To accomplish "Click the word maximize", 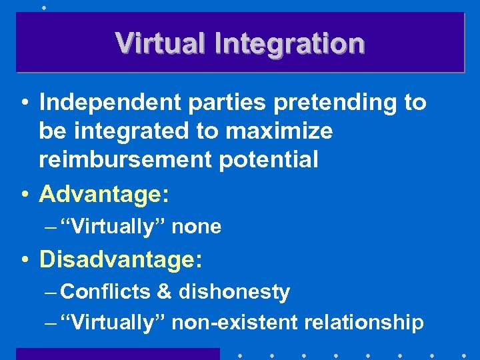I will [x=279, y=131].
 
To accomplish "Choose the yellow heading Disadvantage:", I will [x=120, y=259].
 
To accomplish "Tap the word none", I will [x=197, y=227].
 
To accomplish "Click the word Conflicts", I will [x=106, y=291].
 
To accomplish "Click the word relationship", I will [x=364, y=323].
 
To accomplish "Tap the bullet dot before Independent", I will [x=23, y=103].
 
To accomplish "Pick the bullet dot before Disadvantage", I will [x=23, y=259].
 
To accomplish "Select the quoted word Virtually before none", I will [x=113, y=227].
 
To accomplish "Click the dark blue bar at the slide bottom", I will [x=117, y=354].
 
